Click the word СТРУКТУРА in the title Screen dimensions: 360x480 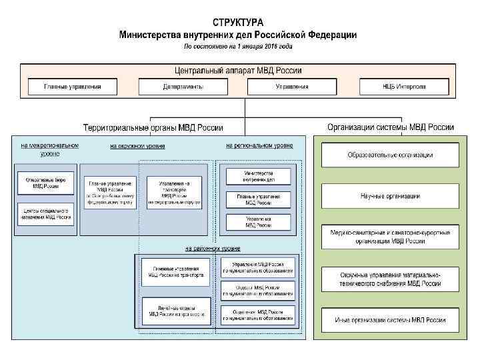pyautogui.click(x=237, y=23)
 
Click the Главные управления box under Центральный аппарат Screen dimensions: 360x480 pyautogui.click(x=72, y=87)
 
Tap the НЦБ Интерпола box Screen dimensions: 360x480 pyautogui.click(x=404, y=87)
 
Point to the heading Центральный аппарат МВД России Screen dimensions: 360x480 pyautogui.click(x=238, y=70)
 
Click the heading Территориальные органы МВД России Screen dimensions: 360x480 pyautogui.click(x=153, y=127)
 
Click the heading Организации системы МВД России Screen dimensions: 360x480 pyautogui.click(x=391, y=127)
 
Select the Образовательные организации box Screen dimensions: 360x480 pyautogui.click(x=390, y=155)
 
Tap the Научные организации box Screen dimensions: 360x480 pyautogui.click(x=390, y=196)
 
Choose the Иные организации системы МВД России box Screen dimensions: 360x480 pyautogui.click(x=390, y=320)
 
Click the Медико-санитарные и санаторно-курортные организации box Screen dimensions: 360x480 pyautogui.click(x=390, y=237)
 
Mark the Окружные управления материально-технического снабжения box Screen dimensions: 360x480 pyautogui.click(x=390, y=279)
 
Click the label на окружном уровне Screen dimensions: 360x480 pyautogui.click(x=137, y=145)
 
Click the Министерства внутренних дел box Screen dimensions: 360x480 pyautogui.click(x=258, y=176)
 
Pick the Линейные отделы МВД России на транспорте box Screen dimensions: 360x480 pyautogui.click(x=172, y=310)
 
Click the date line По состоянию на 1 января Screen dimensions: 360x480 pyautogui.click(x=237, y=46)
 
